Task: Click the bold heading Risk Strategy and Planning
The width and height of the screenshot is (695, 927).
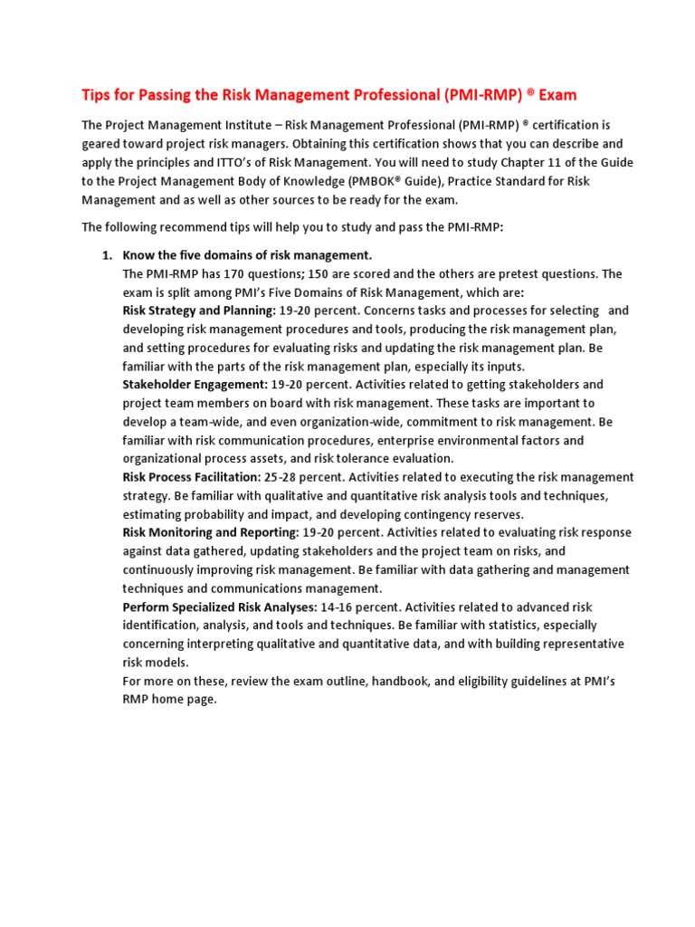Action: (x=198, y=311)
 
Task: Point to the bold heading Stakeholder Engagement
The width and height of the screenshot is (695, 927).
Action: (x=195, y=385)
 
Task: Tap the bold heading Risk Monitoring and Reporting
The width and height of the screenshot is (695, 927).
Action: (x=210, y=532)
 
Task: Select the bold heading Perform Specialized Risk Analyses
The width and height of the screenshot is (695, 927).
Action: (x=219, y=607)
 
